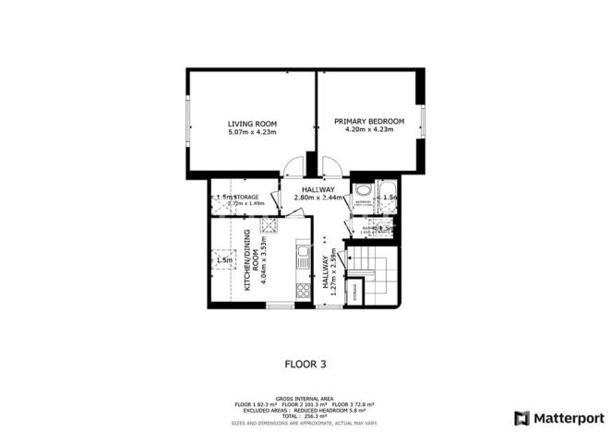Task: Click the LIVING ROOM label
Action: tap(252, 124)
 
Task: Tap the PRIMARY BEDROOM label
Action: tap(369, 122)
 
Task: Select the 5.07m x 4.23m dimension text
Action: tap(252, 131)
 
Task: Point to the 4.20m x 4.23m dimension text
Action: tap(369, 130)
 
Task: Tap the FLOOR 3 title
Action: tap(305, 364)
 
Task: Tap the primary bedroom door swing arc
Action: tap(331, 168)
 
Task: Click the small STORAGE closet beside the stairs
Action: tap(353, 291)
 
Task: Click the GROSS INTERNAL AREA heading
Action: tap(305, 399)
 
